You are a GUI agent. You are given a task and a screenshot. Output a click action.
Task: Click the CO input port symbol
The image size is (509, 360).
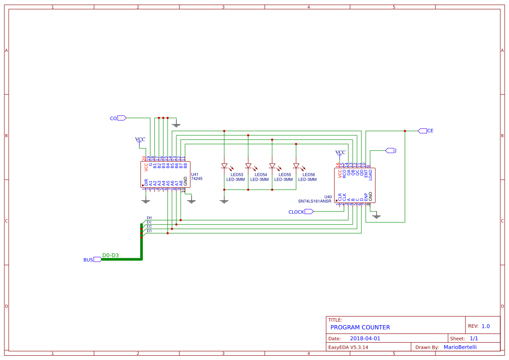122,118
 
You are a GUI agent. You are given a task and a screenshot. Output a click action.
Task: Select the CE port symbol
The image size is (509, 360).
422,131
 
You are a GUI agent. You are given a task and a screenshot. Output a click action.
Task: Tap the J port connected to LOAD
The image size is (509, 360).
389,151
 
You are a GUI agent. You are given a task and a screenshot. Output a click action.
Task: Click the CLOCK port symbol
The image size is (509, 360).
309,212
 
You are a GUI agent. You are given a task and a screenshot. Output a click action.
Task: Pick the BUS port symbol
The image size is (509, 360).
97,259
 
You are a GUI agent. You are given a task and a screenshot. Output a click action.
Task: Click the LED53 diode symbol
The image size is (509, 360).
224,166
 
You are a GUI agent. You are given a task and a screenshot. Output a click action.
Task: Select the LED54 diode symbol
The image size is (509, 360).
248,166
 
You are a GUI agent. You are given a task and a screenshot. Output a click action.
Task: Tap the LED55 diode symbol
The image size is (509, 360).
272,166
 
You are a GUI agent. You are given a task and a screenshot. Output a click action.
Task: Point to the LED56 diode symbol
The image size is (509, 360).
296,166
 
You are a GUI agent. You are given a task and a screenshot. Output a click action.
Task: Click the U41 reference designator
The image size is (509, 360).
195,174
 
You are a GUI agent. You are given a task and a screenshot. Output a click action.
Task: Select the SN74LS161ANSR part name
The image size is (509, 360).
314,202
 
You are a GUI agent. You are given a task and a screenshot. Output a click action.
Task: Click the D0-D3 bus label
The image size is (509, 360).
111,256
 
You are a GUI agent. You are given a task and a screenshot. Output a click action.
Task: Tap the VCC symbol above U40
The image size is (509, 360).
340,152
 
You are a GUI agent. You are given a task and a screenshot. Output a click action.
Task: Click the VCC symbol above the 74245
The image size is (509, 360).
140,140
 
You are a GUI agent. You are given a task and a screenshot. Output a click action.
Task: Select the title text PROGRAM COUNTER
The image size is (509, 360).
360,327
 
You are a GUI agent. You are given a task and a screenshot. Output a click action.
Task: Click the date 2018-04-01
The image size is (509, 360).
365,339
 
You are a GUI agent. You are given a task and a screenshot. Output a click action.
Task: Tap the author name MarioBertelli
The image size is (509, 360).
460,347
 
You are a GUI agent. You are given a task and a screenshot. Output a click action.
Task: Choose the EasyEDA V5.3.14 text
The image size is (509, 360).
348,347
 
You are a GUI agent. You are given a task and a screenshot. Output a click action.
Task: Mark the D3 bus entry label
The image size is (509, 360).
149,231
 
